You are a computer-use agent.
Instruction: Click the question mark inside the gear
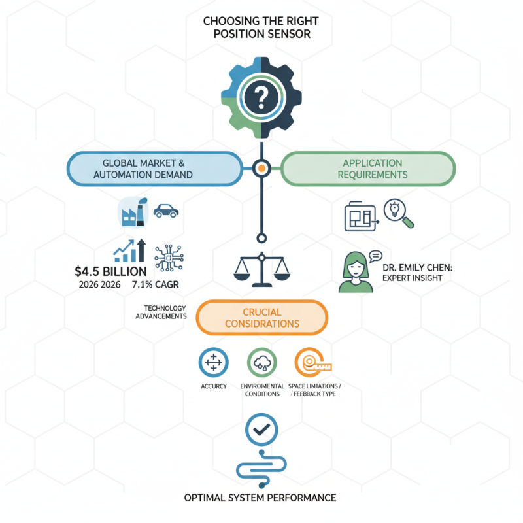coord(261,97)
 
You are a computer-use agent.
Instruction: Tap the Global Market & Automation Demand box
coord(155,169)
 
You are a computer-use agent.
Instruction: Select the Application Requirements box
coord(368,169)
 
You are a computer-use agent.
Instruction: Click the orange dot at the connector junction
coord(261,169)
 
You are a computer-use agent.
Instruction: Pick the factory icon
coord(133,212)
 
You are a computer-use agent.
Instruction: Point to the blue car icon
coord(166,211)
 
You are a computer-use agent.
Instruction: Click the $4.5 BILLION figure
coord(110,271)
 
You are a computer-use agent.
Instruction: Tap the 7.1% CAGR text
coord(156,284)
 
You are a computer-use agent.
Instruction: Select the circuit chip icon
coord(169,258)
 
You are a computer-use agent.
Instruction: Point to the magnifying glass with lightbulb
coord(399,214)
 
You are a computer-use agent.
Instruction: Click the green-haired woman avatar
coord(356,272)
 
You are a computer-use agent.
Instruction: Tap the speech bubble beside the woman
coord(376,256)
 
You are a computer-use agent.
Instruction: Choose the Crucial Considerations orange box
coord(262,318)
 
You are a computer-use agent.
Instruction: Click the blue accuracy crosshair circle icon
coord(214,362)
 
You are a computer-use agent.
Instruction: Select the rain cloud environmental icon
coord(262,363)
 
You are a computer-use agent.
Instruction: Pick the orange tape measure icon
coord(312,363)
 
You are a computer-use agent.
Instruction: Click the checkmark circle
coord(261,430)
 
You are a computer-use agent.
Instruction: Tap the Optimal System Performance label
coord(260,498)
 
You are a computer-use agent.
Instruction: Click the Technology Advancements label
coord(161,312)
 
